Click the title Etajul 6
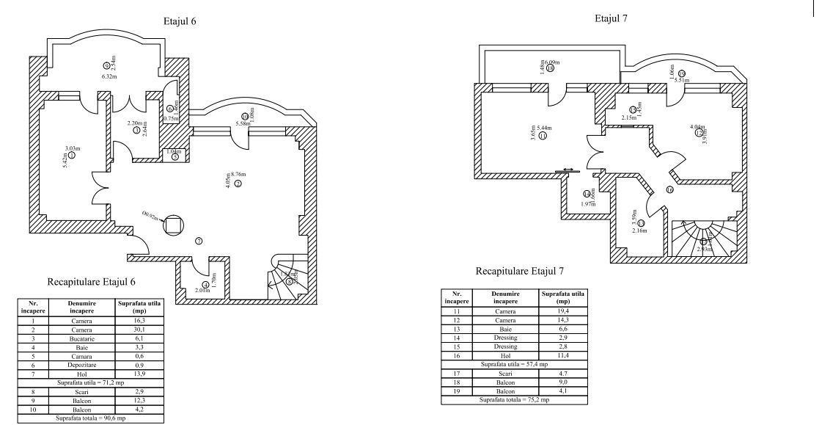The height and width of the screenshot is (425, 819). (x=180, y=22)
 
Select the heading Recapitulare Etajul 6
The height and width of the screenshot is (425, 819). (x=92, y=281)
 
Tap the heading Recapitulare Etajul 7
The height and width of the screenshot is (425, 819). (x=520, y=271)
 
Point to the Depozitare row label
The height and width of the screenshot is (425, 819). (x=81, y=366)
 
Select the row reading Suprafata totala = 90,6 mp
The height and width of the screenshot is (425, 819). (x=91, y=418)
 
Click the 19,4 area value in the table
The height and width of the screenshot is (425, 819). (x=564, y=311)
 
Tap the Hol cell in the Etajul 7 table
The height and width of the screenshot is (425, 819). (x=506, y=355)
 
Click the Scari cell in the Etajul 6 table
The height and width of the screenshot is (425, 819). (x=81, y=392)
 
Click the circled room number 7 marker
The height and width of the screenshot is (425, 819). (x=199, y=241)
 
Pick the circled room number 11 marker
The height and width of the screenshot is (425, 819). (x=543, y=136)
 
